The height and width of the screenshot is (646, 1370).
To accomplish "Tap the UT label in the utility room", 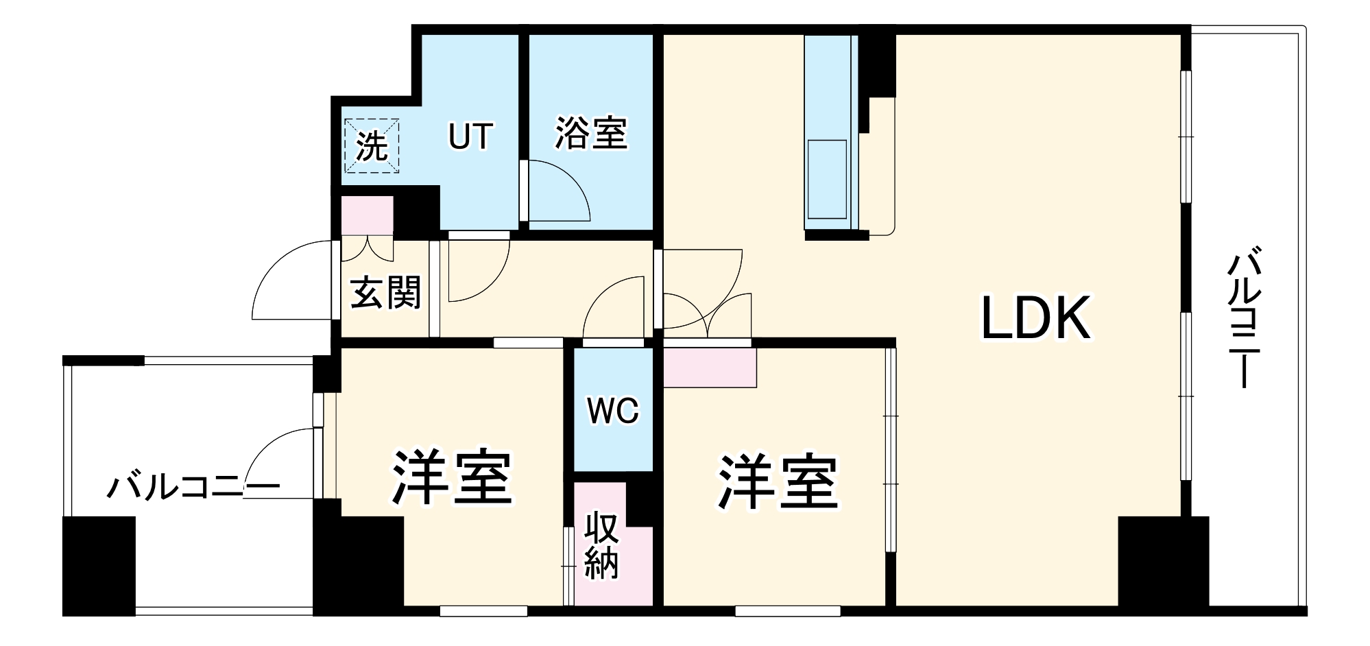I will click(470, 136).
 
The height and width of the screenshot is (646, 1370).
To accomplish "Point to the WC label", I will click(613, 411).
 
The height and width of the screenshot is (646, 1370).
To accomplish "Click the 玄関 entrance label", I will click(385, 294).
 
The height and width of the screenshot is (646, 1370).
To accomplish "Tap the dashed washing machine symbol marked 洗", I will click(372, 146).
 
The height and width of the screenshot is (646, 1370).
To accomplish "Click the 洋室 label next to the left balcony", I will click(452, 478).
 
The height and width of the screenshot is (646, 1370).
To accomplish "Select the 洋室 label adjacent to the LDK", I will click(778, 483).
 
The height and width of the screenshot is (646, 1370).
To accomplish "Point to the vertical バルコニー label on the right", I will click(1245, 320).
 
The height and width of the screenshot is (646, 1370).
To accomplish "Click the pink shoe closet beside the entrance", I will click(368, 215).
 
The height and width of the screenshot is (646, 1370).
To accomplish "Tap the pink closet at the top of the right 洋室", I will click(710, 367).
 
